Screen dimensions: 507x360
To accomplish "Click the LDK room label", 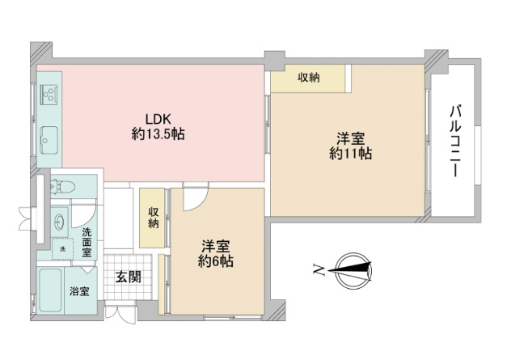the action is pyautogui.click(x=158, y=119).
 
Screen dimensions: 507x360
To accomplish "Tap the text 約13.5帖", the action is pyautogui.click(x=158, y=133).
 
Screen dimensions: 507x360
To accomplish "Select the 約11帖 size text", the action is pyautogui.click(x=350, y=154).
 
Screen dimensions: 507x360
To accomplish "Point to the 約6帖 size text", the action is pyautogui.click(x=216, y=261).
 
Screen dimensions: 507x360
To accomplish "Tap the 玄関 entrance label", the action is pyautogui.click(x=129, y=277).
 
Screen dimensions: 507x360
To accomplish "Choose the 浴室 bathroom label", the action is pyautogui.click(x=79, y=291).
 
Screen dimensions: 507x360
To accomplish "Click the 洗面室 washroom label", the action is pyautogui.click(x=87, y=242).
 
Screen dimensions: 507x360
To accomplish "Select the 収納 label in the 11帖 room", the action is pyautogui.click(x=309, y=78).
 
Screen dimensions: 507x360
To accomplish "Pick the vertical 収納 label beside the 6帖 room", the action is pyautogui.click(x=154, y=218).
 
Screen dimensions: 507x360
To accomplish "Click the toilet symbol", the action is pyautogui.click(x=63, y=186).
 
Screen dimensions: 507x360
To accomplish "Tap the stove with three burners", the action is pyautogui.click(x=49, y=92).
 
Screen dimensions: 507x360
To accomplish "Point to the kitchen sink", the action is pyautogui.click(x=49, y=140).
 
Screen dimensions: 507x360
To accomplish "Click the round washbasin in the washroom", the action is pyautogui.click(x=60, y=222).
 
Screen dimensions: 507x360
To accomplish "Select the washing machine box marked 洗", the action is pyautogui.click(x=63, y=248).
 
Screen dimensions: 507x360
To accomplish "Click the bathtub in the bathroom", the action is pyautogui.click(x=50, y=290).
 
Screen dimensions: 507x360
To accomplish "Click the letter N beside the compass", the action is pyautogui.click(x=319, y=269).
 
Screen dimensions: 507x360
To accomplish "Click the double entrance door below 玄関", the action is pyautogui.click(x=121, y=313).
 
